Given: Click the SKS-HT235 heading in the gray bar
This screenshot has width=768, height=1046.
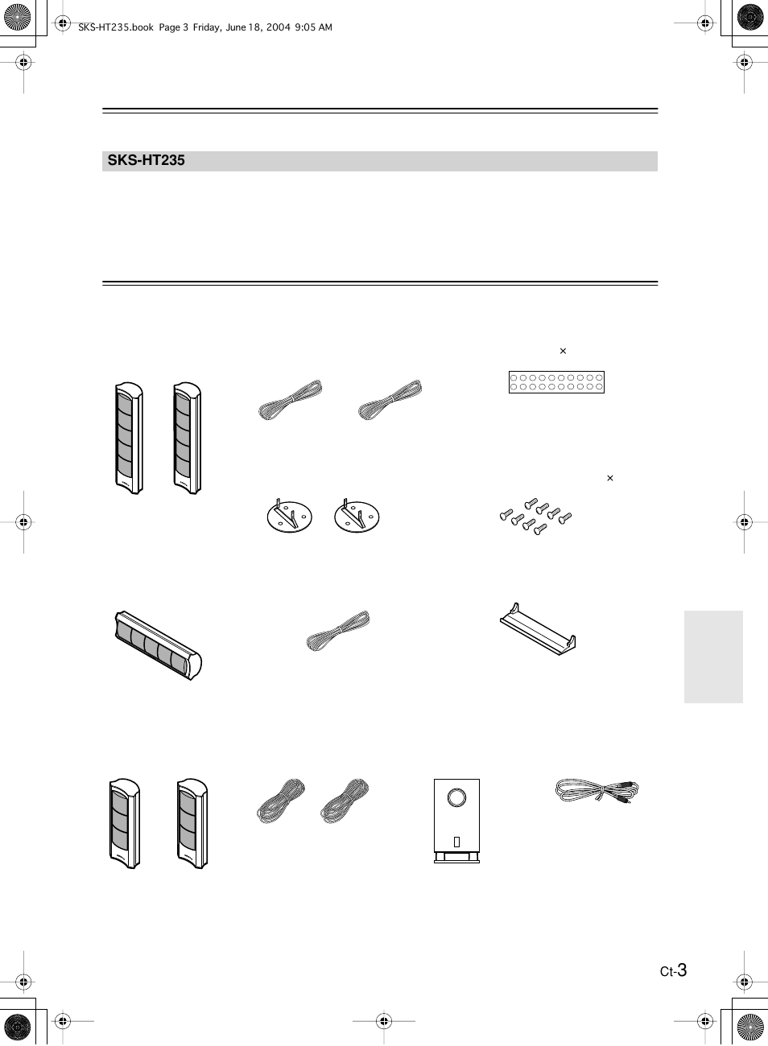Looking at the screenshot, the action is (x=147, y=160).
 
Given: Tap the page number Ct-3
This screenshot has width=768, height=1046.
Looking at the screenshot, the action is (x=673, y=970).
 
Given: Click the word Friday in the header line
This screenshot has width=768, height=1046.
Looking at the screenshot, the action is (x=207, y=27).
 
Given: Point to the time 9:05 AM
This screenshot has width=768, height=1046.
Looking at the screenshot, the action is (x=313, y=27).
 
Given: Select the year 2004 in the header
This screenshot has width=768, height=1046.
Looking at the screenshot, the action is (x=279, y=27).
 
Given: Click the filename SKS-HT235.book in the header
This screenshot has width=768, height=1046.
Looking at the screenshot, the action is (x=116, y=27).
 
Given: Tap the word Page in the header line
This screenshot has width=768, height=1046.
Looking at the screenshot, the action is (x=169, y=28).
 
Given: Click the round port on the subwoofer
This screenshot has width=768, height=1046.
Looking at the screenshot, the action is (x=456, y=797).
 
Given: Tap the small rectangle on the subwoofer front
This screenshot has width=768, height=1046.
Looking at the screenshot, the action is (x=457, y=842).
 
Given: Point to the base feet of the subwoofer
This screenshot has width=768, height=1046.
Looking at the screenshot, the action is (x=457, y=858).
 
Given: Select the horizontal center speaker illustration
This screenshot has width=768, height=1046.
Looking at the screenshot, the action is (x=158, y=644).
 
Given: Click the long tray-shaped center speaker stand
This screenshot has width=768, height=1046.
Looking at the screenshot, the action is (x=538, y=629).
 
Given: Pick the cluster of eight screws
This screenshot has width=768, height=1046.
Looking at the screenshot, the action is (x=536, y=517).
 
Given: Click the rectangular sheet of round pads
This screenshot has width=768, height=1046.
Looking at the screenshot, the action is (x=556, y=382).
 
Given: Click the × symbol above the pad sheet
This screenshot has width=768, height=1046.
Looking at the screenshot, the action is (x=563, y=351).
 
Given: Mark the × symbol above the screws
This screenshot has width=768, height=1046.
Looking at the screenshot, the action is (x=609, y=478).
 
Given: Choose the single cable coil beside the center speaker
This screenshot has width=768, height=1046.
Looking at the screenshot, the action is (x=338, y=630).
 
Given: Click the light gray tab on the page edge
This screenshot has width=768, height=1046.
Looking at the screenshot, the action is (x=713, y=657).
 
